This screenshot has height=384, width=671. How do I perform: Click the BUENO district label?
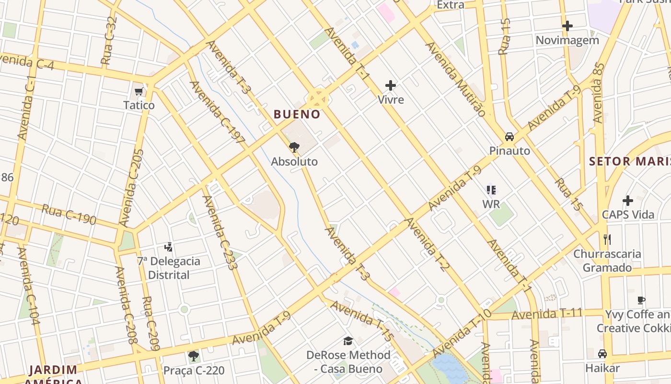(x=297, y=114)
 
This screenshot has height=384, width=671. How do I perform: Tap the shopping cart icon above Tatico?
(x=139, y=91)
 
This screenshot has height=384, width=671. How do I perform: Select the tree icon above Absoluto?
(x=294, y=147)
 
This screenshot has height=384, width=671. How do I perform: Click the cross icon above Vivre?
(x=391, y=86)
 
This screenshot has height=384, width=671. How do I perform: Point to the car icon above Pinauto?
(x=509, y=137)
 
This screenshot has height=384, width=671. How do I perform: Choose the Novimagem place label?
(x=567, y=40)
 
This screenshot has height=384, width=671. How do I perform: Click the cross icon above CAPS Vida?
(x=628, y=201)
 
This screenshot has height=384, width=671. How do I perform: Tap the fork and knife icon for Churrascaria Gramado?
(x=607, y=239)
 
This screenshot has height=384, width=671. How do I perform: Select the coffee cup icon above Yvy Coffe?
(x=641, y=300)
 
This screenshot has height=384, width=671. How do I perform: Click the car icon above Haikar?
(x=602, y=354)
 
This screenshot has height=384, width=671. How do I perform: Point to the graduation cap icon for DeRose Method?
(x=348, y=341)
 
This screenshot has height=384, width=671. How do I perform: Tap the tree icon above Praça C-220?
(x=194, y=356)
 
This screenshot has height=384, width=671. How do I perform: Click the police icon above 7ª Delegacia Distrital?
(x=168, y=247)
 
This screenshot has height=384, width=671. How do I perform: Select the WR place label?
(x=491, y=204)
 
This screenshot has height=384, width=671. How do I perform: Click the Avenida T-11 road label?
(x=547, y=314)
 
